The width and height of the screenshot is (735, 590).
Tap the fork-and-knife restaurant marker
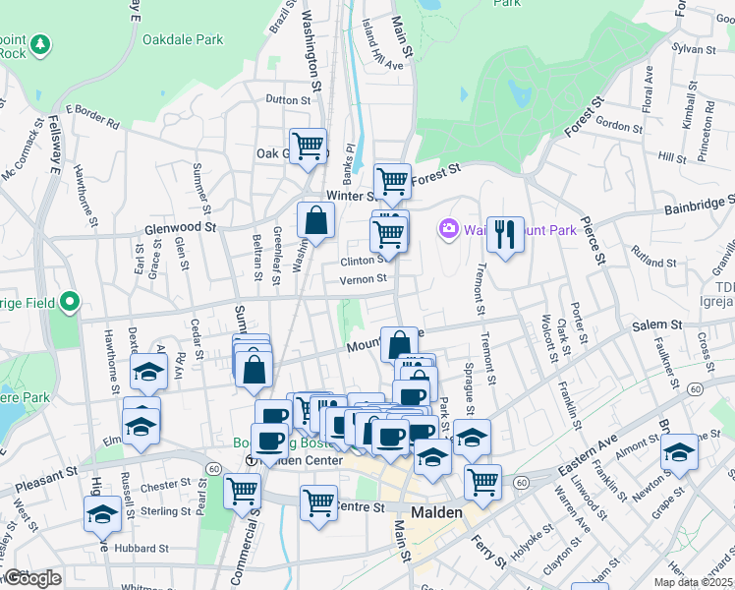pyautogui.click(x=505, y=234)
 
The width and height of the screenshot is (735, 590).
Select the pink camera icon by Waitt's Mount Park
pyautogui.click(x=449, y=228)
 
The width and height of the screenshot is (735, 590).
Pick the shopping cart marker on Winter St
pyautogui.click(x=392, y=181)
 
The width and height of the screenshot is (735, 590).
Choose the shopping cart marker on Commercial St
pyautogui.click(x=242, y=490)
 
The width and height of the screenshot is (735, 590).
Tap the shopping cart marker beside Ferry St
pyautogui.click(x=482, y=482)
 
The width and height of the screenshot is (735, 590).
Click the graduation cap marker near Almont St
pyautogui.click(x=678, y=452)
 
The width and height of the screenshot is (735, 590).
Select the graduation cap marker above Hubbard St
pyautogui.click(x=102, y=513)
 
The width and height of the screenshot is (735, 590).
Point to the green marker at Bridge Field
pyautogui.click(x=69, y=301)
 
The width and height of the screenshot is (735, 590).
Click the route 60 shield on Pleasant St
pyautogui.click(x=214, y=468)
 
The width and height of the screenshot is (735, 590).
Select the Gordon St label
pyautogui.click(x=619, y=127)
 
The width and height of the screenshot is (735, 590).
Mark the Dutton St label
pyautogui.click(x=288, y=99)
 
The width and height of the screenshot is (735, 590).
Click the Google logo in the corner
pyautogui.click(x=31, y=579)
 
